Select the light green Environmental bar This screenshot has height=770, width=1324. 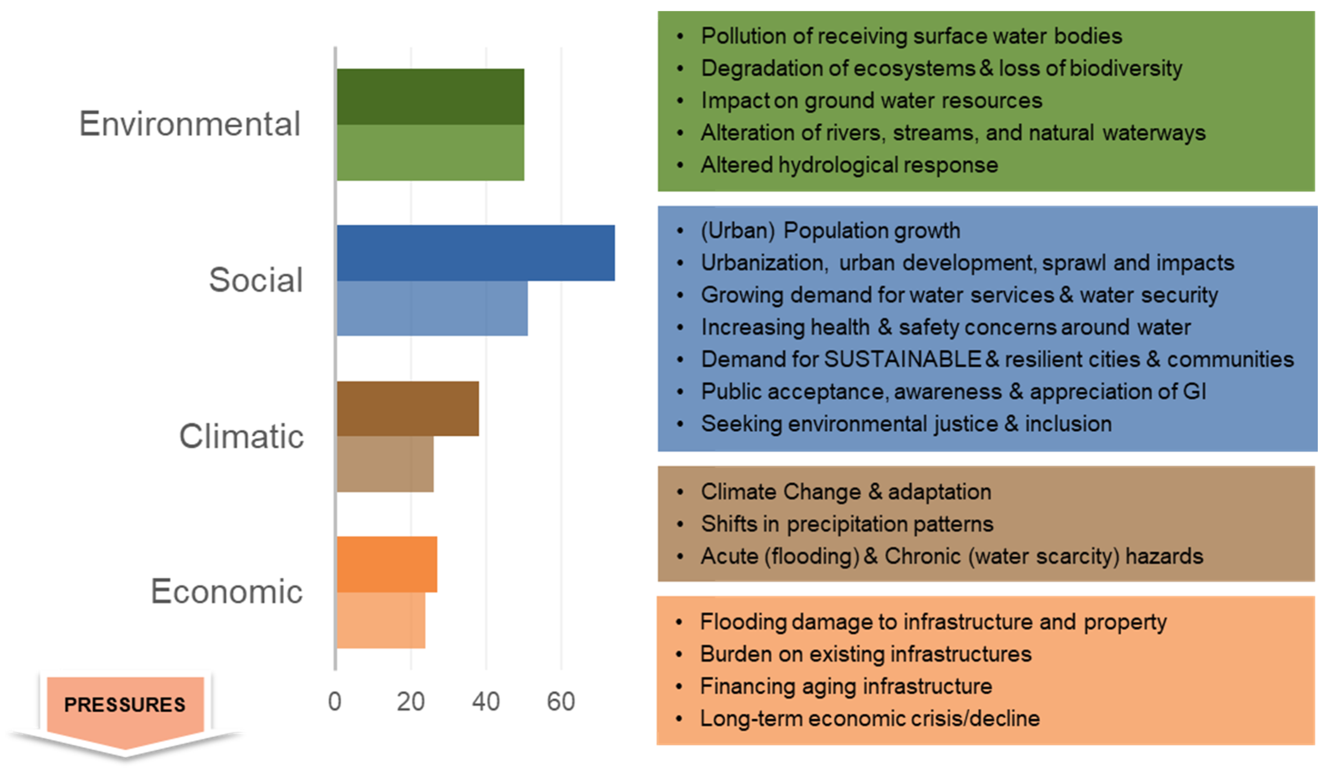tap(430, 153)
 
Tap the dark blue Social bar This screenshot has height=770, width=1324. tap(475, 253)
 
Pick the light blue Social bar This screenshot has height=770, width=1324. tap(432, 308)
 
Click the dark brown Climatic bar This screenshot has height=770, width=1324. tap(408, 409)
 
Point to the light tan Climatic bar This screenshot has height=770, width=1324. tap(385, 464)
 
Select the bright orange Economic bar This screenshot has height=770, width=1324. tap(387, 564)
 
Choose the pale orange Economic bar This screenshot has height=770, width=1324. tap(381, 620)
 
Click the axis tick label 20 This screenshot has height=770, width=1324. tap(410, 702)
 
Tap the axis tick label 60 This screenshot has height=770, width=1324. tap(561, 702)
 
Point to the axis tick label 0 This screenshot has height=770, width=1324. tap(335, 702)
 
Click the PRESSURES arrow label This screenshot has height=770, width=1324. tap(125, 705)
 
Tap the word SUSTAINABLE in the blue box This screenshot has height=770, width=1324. tap(903, 359)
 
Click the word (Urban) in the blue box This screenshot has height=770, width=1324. tap(738, 231)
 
